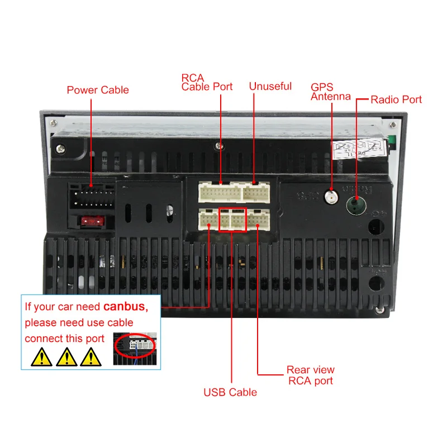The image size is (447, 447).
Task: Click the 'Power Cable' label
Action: (98, 90)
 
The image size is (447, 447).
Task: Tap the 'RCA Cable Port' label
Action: (207, 82)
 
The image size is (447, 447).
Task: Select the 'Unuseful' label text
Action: (270, 87)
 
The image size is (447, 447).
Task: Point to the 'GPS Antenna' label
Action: (331, 92)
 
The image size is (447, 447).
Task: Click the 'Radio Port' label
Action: (396, 99)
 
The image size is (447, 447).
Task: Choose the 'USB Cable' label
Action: (230, 392)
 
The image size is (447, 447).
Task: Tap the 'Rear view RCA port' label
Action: (311, 375)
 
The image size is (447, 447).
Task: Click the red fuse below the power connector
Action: (91, 221)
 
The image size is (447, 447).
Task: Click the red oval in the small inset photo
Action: (136, 344)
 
